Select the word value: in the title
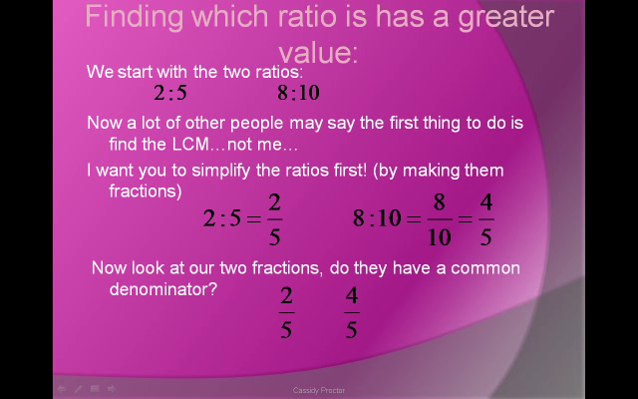click(318, 51)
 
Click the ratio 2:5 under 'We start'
click(170, 94)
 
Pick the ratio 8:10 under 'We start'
click(298, 94)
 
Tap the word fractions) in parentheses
click(146, 191)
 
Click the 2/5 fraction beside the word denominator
click(286, 312)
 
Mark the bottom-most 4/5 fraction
click(351, 312)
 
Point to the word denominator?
click(163, 289)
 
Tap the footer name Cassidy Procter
click(319, 390)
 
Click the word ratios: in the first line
click(275, 72)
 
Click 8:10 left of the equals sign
click(376, 218)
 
